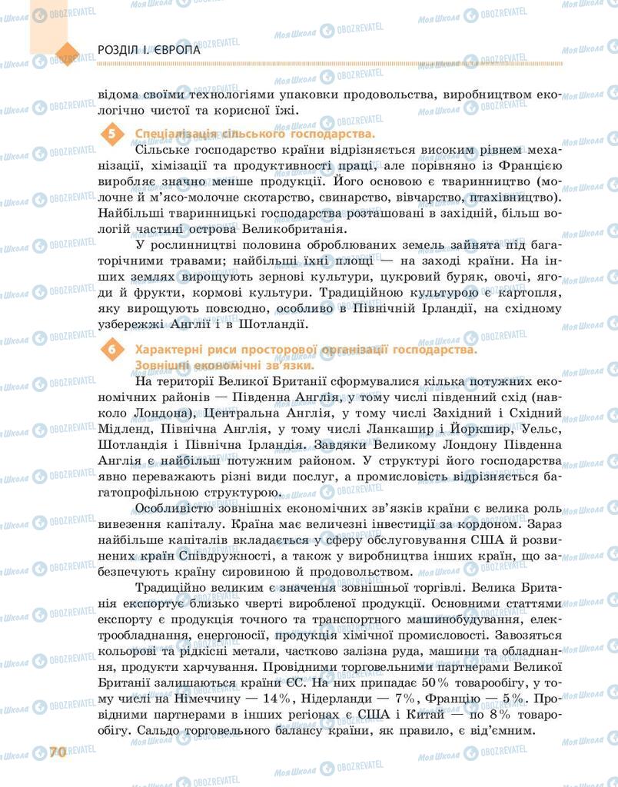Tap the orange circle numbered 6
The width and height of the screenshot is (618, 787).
pyautogui.click(x=112, y=350)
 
